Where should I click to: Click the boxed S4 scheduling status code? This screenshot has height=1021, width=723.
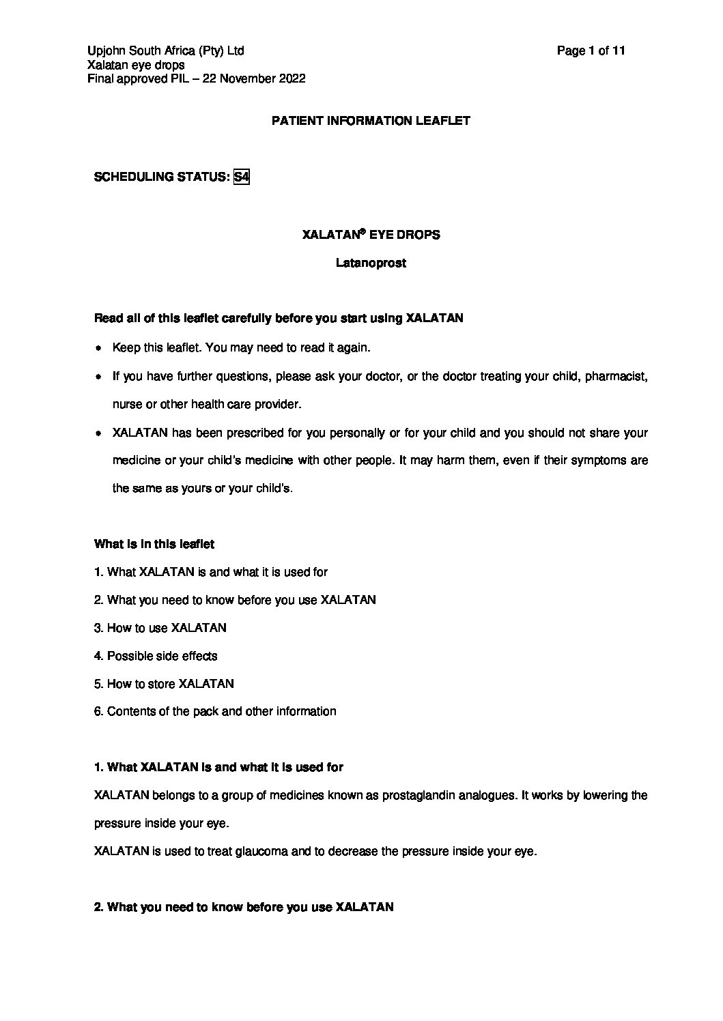click(241, 177)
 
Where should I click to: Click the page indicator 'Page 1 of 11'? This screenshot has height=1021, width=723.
click(591, 51)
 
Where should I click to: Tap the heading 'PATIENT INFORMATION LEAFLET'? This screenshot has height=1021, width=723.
click(371, 121)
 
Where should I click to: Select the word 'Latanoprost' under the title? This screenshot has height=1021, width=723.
click(371, 263)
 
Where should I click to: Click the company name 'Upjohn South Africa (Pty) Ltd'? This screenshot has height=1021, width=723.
click(166, 51)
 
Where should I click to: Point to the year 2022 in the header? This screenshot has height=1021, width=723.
click(292, 78)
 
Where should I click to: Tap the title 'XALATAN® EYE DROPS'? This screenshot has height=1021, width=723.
click(371, 235)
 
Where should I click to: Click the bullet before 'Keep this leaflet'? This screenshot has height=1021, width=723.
click(98, 348)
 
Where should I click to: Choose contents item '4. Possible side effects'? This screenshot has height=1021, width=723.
click(156, 656)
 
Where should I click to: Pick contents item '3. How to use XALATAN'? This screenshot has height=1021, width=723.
click(160, 628)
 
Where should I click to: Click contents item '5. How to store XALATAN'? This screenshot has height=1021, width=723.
click(164, 684)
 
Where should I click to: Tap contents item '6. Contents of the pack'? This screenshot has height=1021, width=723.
click(215, 712)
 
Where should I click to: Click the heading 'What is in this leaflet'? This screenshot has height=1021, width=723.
click(154, 544)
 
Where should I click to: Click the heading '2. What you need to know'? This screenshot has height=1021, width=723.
click(244, 908)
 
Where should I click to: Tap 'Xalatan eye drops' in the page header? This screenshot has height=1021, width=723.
click(137, 65)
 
